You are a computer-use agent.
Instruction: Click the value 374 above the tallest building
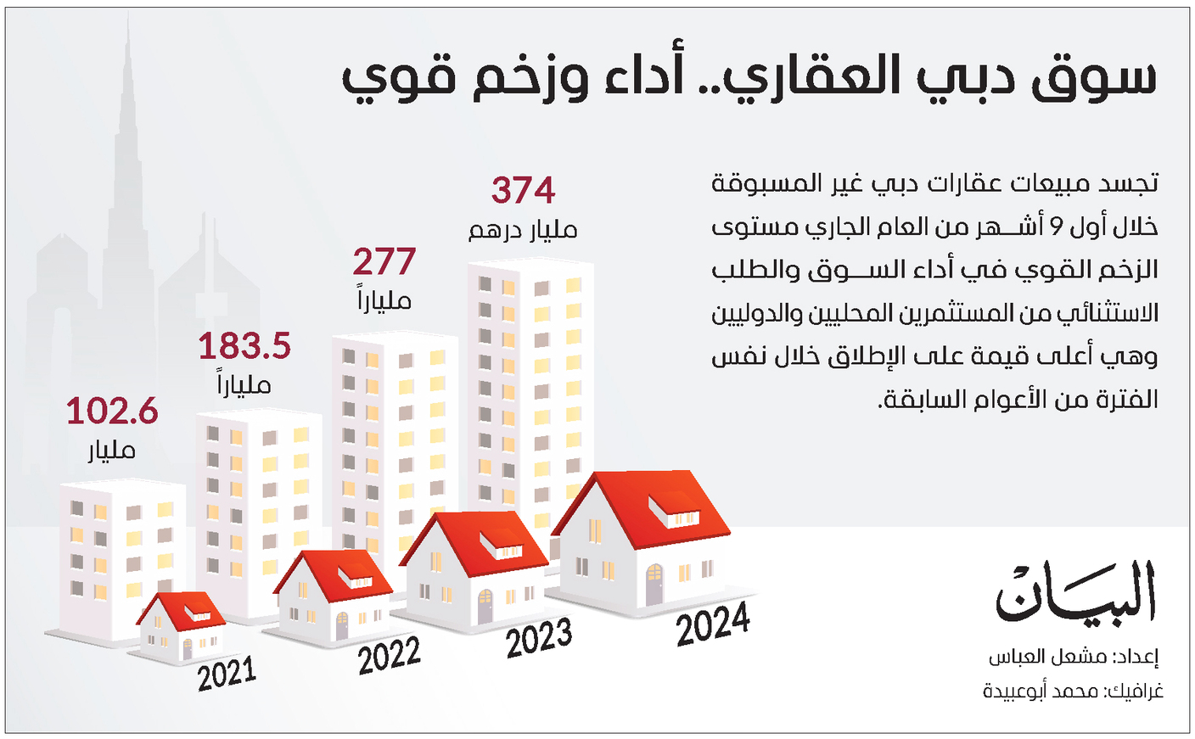[523, 190]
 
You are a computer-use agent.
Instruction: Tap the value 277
[384, 262]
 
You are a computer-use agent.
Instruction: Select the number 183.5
[244, 346]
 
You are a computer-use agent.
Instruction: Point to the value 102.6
[112, 411]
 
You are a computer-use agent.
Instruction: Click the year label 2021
[227, 675]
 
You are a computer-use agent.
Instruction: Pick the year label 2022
[389, 657]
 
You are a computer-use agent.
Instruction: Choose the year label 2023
[539, 639]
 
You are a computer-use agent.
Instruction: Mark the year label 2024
[713, 625]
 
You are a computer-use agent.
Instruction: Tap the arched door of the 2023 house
[484, 607]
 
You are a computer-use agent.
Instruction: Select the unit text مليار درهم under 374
[523, 230]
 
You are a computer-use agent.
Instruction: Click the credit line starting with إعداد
[1073, 658]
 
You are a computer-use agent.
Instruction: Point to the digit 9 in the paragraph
[1056, 227]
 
